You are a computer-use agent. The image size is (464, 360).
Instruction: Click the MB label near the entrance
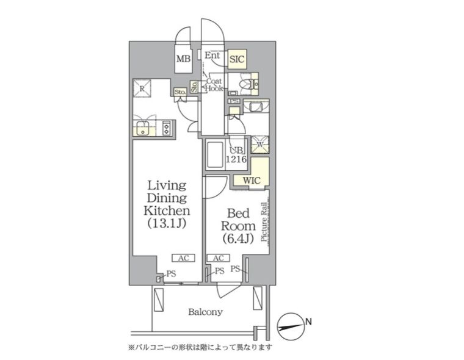(184, 59)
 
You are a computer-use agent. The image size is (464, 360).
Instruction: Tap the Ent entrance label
(212, 56)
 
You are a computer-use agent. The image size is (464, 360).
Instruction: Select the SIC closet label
(237, 59)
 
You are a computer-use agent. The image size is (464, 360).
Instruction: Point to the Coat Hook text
(214, 84)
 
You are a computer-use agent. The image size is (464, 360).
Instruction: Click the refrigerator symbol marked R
(142, 88)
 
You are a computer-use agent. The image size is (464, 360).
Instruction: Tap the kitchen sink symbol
(144, 128)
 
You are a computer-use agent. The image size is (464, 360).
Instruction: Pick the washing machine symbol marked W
(259, 144)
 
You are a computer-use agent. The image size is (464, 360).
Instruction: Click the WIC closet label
(252, 181)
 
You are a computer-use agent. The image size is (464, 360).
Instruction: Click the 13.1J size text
(167, 223)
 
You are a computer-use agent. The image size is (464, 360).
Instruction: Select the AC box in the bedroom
(218, 257)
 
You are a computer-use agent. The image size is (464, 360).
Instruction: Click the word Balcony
(205, 312)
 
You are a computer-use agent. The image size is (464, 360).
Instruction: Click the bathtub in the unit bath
(216, 156)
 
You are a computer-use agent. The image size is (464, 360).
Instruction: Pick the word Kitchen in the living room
(167, 211)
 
